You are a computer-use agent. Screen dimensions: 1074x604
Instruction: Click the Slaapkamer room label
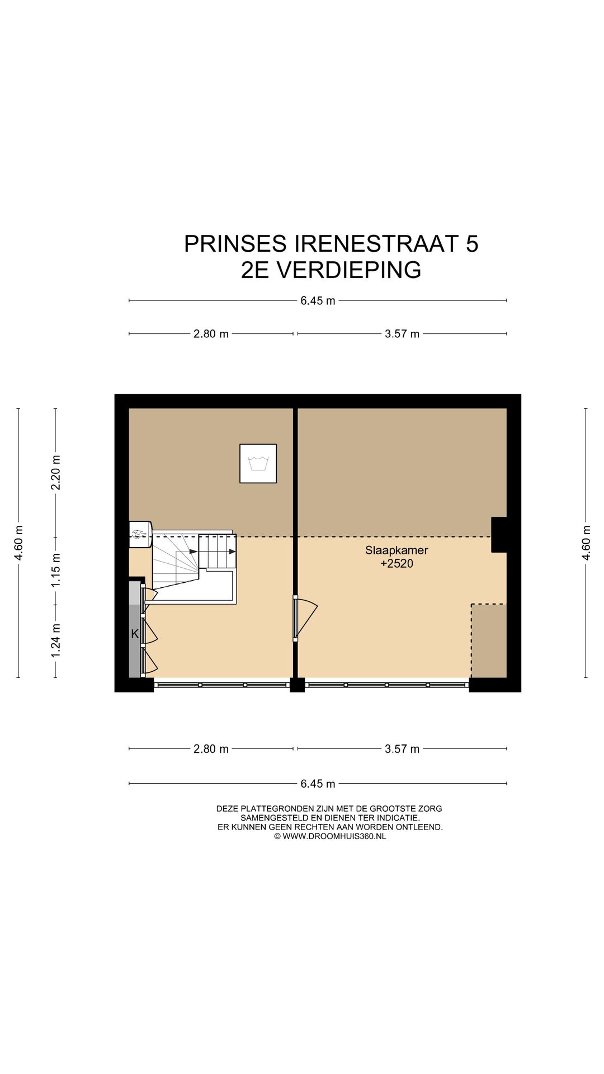point(397,550)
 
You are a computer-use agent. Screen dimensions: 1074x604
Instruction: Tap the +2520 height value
point(397,563)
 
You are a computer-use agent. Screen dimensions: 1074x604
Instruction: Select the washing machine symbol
point(258,463)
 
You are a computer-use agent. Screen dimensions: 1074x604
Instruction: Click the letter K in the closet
point(135,634)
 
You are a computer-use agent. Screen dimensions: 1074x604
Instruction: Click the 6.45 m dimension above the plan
point(318,300)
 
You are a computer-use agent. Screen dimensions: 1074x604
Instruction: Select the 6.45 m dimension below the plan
point(318,784)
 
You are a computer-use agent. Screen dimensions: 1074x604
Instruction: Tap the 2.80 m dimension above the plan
point(211,334)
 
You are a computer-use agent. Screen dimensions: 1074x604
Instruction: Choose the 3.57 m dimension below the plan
point(402,749)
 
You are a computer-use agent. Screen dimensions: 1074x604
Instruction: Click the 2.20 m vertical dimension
point(56,473)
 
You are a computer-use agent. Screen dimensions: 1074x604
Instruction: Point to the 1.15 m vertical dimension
point(56,570)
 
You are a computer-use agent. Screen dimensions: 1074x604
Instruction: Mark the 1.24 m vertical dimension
point(56,640)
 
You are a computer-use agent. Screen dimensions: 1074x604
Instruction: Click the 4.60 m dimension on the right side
point(586,543)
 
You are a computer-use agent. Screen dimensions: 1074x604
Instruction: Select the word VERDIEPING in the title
point(349,270)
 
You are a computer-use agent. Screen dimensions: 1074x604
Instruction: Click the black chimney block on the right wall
point(499,535)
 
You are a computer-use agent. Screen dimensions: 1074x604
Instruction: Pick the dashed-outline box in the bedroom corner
point(489,640)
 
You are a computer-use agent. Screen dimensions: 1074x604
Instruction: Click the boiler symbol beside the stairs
point(140,534)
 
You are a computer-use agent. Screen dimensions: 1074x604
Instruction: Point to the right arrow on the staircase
point(231,552)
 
